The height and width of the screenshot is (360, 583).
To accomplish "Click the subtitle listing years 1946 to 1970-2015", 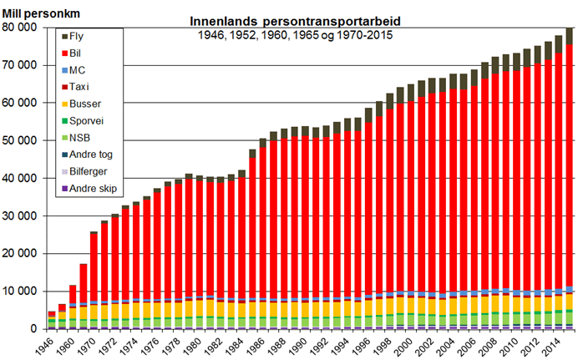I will [296, 35].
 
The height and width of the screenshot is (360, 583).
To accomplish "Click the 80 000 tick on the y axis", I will [21, 28].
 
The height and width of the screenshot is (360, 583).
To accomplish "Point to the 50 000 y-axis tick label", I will [21, 140].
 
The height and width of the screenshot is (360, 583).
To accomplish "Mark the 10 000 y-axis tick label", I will [21, 292].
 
